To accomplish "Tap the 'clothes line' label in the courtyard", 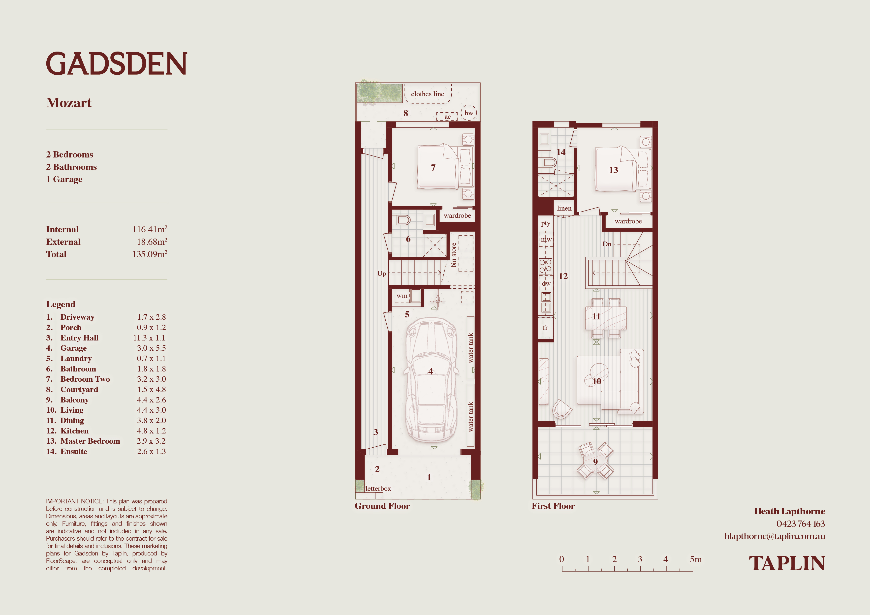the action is [x=427, y=94].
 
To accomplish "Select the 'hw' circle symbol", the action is [x=469, y=113].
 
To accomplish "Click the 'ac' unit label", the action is [x=447, y=117].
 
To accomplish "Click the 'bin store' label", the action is [x=454, y=255].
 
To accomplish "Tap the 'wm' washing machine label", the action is [x=402, y=296].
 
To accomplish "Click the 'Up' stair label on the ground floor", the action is [x=382, y=274].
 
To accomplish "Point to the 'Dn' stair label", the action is [x=607, y=244].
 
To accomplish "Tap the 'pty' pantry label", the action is [x=546, y=223].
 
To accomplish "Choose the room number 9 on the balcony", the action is [x=595, y=462].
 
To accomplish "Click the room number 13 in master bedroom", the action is [x=614, y=170].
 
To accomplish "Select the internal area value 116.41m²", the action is [x=150, y=229].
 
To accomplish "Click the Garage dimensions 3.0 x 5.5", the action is [x=151, y=348].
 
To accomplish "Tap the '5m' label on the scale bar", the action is [x=696, y=559].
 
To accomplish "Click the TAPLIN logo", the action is [x=787, y=563].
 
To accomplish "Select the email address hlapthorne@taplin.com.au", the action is [x=775, y=536].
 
